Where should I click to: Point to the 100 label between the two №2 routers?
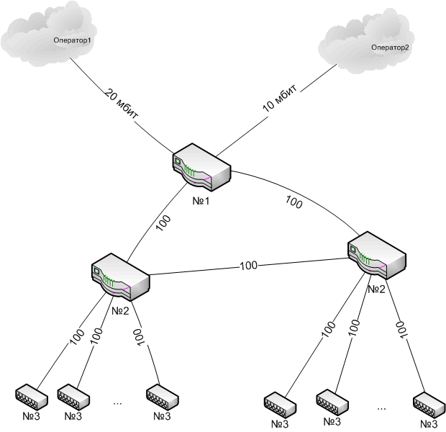tap(248, 266)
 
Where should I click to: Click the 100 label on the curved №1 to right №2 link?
tap(293, 203)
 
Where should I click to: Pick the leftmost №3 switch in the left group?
tap(31, 396)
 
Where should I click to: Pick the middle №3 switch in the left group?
tap(73, 396)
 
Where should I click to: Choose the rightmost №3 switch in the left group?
tap(161, 396)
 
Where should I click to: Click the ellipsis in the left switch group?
tap(117, 404)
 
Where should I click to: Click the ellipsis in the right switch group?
tap(381, 408)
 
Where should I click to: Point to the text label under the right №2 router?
tap(377, 289)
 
